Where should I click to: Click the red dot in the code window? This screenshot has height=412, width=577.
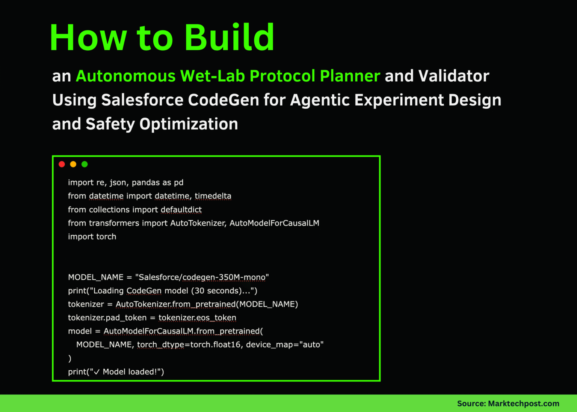click(62, 164)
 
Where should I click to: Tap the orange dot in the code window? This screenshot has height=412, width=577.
click(73, 164)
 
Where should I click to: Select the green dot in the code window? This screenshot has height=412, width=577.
click(85, 164)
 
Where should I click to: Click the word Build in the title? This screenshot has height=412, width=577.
click(229, 38)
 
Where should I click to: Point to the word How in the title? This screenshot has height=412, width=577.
click(88, 38)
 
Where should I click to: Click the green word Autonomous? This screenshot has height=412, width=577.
click(125, 76)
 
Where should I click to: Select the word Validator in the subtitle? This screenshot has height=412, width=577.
click(454, 76)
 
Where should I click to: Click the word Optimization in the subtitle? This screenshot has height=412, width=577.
click(189, 124)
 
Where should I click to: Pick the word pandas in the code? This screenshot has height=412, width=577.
click(146, 183)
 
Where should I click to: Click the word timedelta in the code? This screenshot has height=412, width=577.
click(213, 196)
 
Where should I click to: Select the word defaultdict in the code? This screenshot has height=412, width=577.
click(181, 210)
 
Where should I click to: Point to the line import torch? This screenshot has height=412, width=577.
click(92, 237)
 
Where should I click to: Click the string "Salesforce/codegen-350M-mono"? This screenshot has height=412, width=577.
click(202, 277)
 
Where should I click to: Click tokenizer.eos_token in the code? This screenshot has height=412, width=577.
click(197, 318)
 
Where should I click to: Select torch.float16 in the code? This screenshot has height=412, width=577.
click(215, 345)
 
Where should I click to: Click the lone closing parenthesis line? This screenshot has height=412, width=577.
click(70, 358)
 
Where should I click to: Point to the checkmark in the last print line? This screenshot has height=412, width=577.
click(97, 372)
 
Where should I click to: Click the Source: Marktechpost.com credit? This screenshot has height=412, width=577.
click(508, 403)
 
